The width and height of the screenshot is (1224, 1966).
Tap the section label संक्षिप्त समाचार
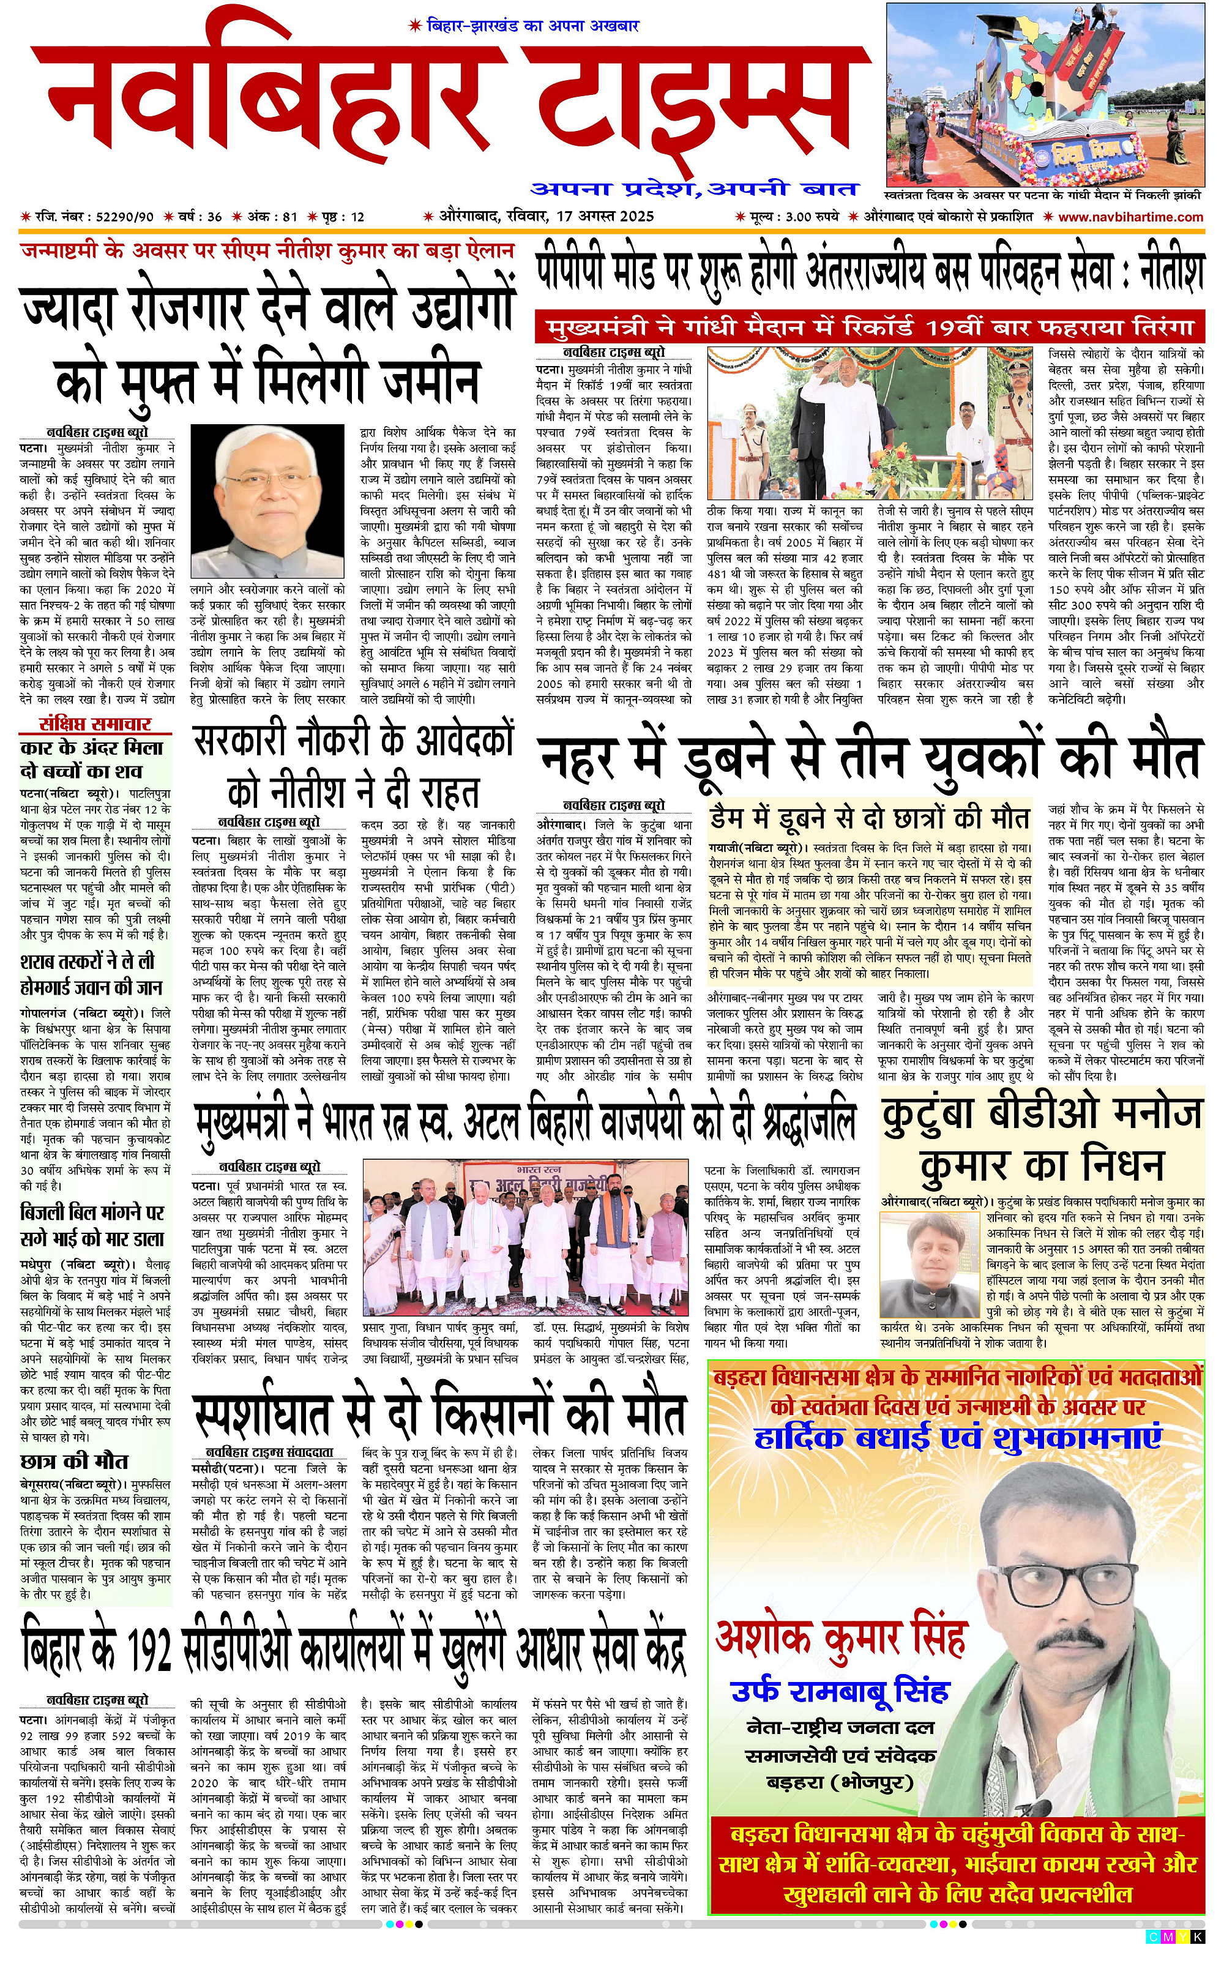pyautogui.click(x=95, y=725)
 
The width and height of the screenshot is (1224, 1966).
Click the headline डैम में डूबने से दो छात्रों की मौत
pyautogui.click(x=868, y=818)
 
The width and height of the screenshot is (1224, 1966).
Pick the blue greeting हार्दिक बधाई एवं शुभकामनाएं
pyautogui.click(x=957, y=1438)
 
